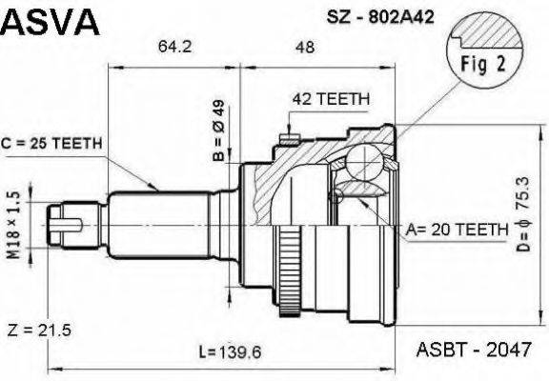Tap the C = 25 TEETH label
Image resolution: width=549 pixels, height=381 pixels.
[52, 143]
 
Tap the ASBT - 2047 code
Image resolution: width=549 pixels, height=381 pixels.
[473, 350]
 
